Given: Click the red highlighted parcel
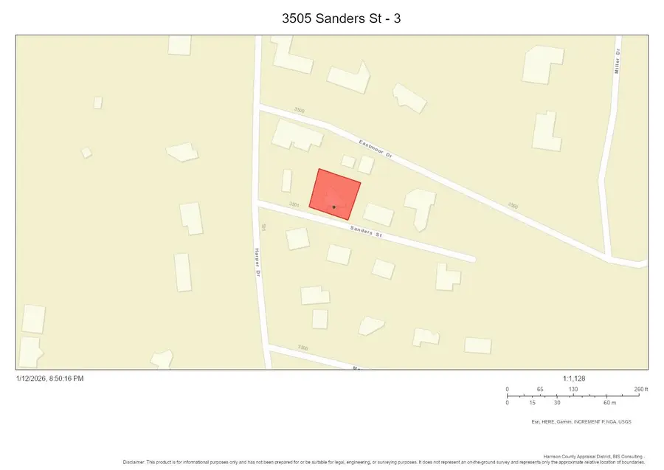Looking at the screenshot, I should coord(334,192).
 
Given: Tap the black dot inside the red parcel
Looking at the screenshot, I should coord(333,207).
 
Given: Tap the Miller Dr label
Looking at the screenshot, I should coord(618,64).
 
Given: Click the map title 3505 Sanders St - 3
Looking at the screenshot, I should coord(332,17).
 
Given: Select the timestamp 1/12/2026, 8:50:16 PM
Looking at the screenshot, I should coord(49,379).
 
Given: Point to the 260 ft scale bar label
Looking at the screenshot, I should coord(640,389).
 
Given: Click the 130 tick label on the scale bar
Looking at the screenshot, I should coord(573,389).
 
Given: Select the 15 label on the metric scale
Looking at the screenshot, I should coord(532,403).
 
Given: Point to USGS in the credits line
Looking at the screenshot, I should coord(624,422).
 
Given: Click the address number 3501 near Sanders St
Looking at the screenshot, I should coord(294,204).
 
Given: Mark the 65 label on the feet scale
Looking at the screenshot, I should coord(540,389).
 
